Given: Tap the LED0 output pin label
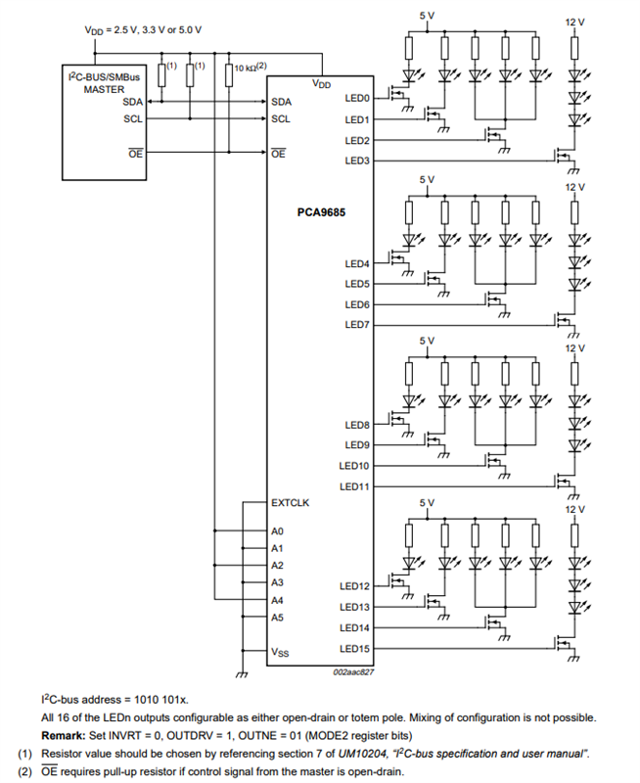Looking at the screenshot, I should coord(357,99).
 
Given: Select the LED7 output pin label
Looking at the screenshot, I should coord(357,325).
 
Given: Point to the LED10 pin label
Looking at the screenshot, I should coord(354,466).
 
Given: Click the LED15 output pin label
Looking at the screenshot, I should coord(354,648).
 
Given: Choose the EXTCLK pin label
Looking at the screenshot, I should coord(290,503).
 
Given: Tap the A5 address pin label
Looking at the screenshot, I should coord(277,618).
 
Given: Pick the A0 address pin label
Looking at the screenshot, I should coord(277,530).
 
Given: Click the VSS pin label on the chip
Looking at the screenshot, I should coord(280,652).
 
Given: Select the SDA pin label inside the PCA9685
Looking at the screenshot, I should coord(281,101).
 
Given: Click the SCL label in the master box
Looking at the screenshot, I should coord(133,118).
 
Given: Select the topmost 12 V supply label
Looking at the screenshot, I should coord(575,22).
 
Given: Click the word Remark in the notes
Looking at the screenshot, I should coord(63,735).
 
